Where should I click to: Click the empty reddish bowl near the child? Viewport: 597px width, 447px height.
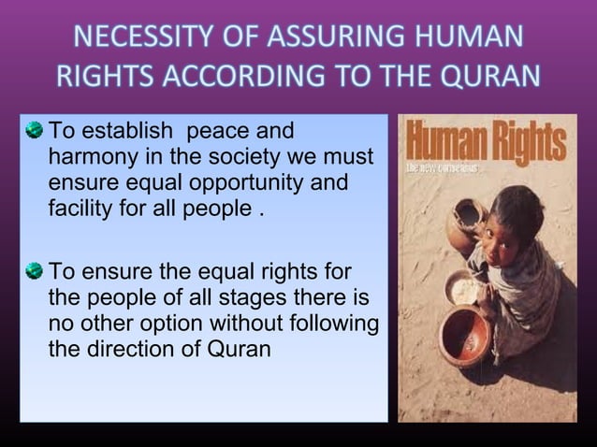click(465, 336)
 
